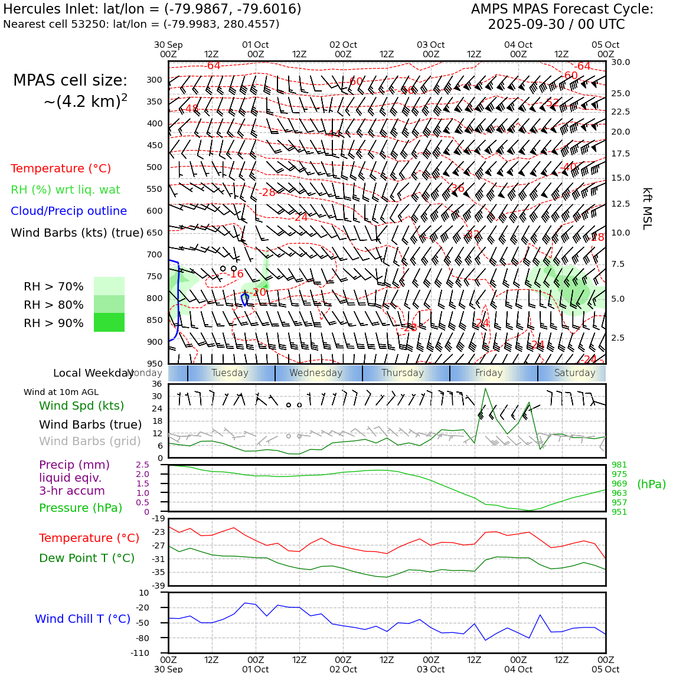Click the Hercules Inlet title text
[152, 9]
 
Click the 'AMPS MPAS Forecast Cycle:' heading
[562, 9]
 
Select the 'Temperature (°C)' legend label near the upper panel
[61, 168]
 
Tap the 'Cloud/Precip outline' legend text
[68, 211]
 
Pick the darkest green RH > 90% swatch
[109, 322]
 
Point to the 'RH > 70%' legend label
[54, 286]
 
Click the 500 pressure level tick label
[155, 167]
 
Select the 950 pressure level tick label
[155, 364]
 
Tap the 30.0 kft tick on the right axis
[620, 62]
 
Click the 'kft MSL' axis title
[647, 208]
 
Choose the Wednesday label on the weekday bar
[316, 373]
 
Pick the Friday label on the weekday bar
[489, 373]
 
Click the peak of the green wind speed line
[485, 388]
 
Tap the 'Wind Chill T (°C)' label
[83, 619]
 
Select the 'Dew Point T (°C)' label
[87, 558]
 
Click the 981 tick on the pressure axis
[619, 465]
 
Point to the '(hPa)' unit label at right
[651, 484]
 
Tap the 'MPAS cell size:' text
[70, 80]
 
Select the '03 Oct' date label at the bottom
[431, 669]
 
